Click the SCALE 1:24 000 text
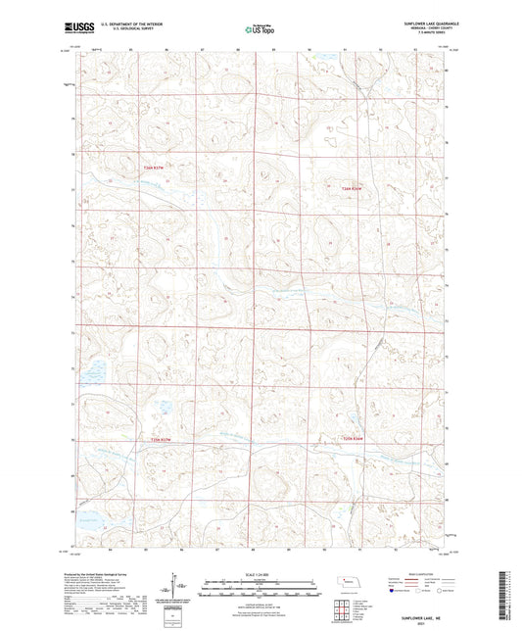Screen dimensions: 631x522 [x=260, y=573]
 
